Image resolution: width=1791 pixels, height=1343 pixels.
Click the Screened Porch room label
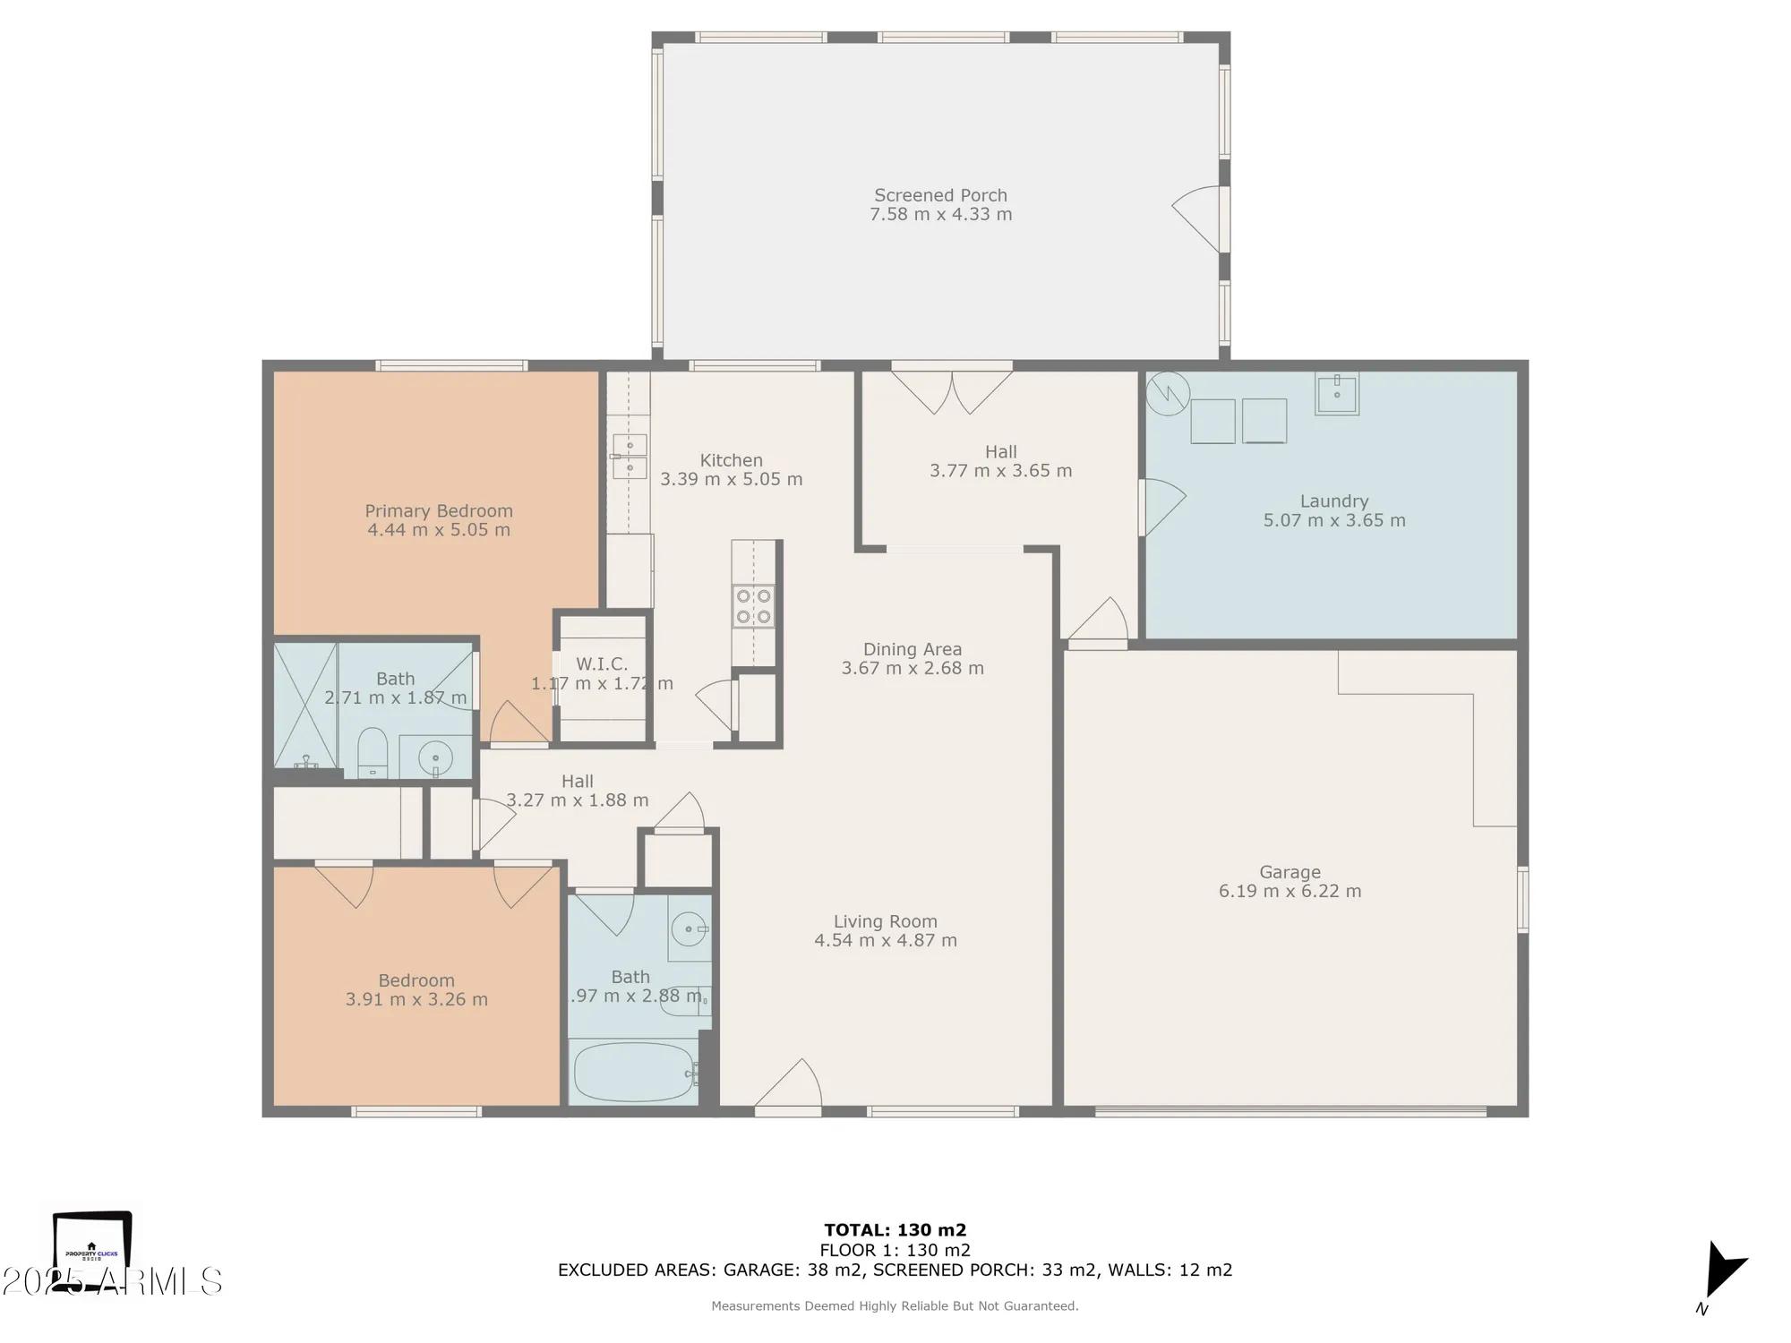pos(940,195)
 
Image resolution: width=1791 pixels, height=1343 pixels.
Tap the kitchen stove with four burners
pos(753,606)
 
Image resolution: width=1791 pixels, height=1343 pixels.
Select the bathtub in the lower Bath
pos(634,1072)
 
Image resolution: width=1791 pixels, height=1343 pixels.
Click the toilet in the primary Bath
pos(372,752)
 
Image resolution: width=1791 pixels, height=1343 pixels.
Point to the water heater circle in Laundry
pos(1168,394)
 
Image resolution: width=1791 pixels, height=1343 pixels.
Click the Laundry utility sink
pos(1336,394)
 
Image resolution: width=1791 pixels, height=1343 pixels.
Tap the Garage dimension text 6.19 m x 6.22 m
pos(1290,891)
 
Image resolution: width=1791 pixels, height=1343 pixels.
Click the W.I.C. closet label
pos(601,664)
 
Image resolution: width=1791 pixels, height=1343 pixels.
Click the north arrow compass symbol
pos(1723,1270)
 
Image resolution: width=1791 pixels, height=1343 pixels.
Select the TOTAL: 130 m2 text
pos(895,1230)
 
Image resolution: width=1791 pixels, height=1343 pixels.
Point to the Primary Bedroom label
pos(439,511)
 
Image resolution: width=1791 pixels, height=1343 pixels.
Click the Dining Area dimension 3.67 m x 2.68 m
pos(913,668)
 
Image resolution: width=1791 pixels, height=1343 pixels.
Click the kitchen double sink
pos(630,457)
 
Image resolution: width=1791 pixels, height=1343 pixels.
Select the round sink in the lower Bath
pos(688,930)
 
